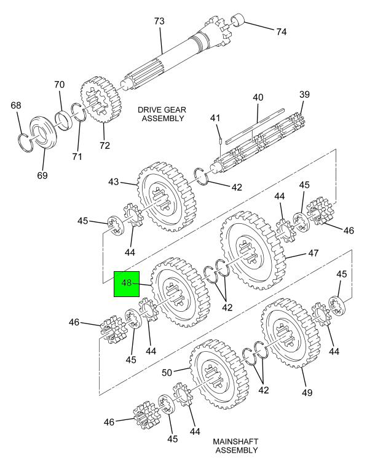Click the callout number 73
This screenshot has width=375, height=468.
coord(159,22)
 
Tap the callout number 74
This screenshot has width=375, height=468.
coord(281,31)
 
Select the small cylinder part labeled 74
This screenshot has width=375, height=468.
coord(239,20)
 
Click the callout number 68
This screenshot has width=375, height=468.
coord(16,105)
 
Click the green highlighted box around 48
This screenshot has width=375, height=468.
coord(127,284)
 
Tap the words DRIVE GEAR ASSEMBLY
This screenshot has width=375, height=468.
coord(162,114)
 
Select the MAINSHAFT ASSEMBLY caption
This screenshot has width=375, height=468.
coord(236,446)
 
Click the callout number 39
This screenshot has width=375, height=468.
coord(304,95)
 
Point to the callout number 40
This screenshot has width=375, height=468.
coord(258,98)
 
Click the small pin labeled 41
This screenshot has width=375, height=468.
coord(220,140)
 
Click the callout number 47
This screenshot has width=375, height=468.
coord(313,253)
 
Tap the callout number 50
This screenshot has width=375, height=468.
coord(167,373)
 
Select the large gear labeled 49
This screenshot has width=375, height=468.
coord(291,333)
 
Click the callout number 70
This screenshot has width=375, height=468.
coord(59,85)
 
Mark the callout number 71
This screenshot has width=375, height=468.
coord(77,156)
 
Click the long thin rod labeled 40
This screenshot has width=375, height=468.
coord(255,127)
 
